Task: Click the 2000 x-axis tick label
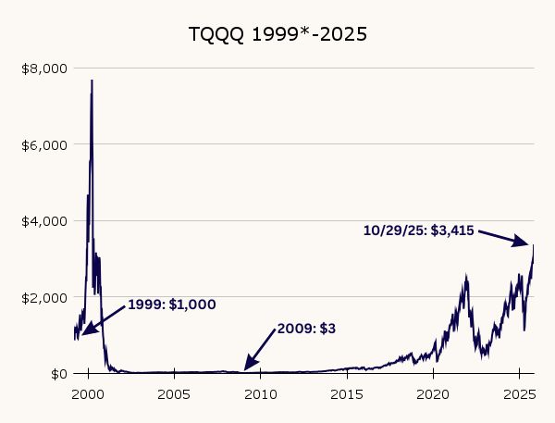coord(88,394)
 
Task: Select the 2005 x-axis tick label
coord(175,394)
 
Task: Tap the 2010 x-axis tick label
coord(261,394)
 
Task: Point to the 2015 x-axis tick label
coord(347,394)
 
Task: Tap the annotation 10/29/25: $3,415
coord(418,230)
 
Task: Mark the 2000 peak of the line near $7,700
coord(92,81)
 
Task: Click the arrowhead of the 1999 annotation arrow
coord(82,334)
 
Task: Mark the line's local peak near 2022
coord(465,275)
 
